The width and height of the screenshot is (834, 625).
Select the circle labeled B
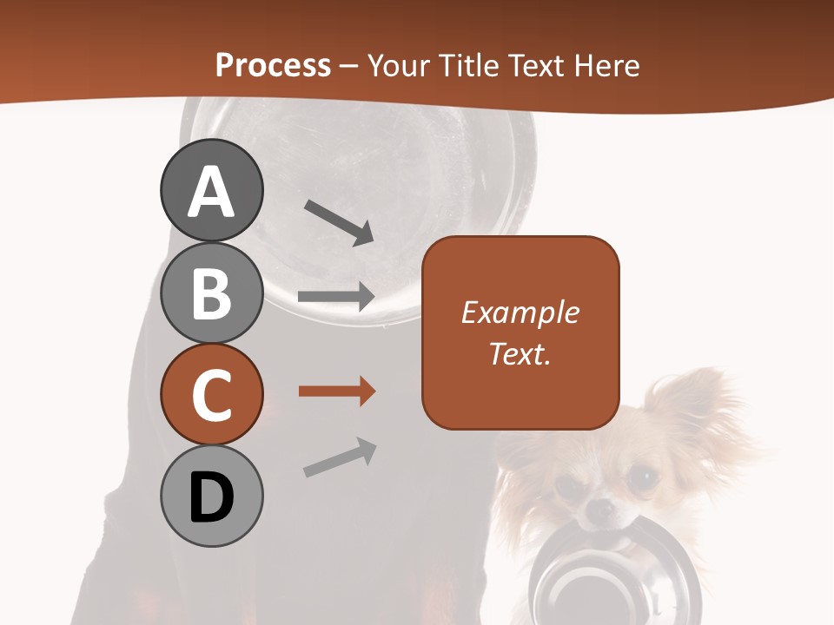(x=211, y=293)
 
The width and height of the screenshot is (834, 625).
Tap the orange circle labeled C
(x=211, y=395)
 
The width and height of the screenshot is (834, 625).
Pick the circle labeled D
(x=211, y=497)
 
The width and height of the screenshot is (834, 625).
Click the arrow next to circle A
(x=340, y=222)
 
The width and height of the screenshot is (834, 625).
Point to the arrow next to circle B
(x=336, y=297)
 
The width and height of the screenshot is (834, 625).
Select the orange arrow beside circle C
(x=336, y=391)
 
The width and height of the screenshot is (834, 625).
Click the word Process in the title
(x=273, y=65)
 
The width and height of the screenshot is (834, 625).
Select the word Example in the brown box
(x=520, y=312)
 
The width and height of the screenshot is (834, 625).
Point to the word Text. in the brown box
(x=520, y=353)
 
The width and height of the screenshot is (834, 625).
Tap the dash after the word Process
(x=349, y=67)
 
